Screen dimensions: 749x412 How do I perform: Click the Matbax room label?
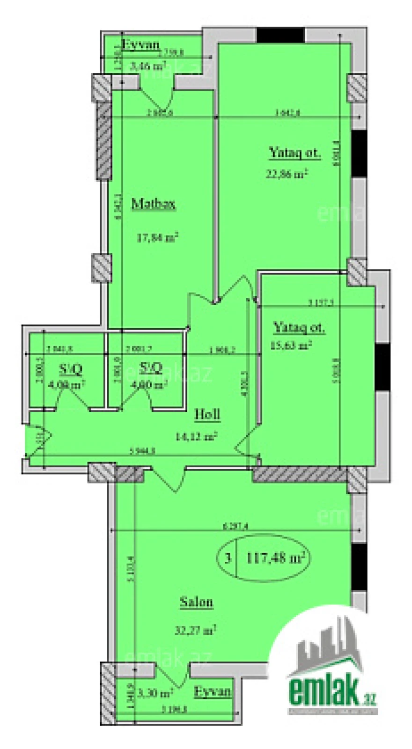154,204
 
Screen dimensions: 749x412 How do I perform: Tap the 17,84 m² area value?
157,237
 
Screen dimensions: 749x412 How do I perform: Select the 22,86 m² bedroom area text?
287,174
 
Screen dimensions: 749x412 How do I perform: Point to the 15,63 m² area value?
291,346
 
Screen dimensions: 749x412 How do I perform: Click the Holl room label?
207,414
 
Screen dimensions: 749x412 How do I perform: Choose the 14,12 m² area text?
196,437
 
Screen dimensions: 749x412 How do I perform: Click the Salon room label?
197,602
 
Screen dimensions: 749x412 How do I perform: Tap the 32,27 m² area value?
195,630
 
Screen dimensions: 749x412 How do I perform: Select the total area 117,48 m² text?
275,558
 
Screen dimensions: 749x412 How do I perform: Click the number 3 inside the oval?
228,558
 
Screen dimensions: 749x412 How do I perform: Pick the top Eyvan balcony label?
140,45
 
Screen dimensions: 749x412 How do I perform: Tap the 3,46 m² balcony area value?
148,66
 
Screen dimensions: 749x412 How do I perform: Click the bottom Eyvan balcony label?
213,691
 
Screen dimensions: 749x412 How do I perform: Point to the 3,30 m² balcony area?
155,692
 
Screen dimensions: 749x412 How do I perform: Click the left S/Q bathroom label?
71,369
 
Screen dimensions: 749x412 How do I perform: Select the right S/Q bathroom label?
151,368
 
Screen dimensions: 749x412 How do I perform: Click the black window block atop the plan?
280,35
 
